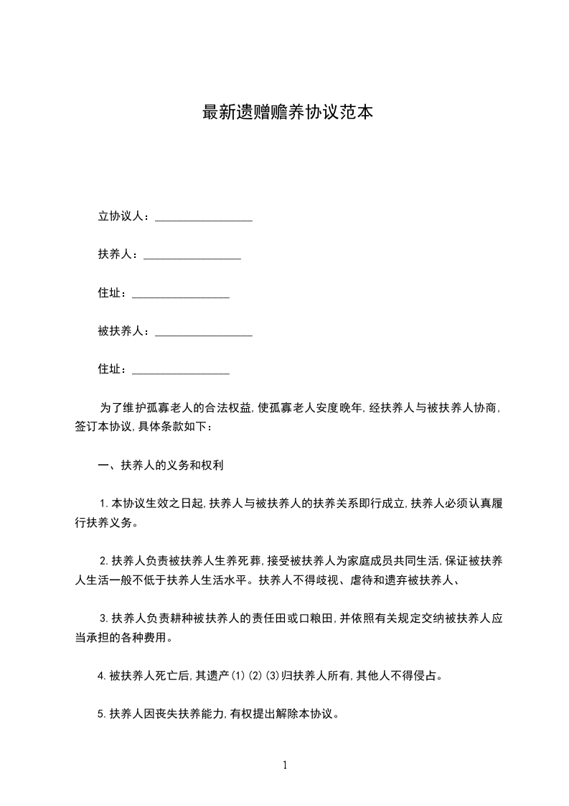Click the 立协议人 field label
[121, 216]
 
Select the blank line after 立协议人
[204, 217]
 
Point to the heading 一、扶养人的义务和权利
[161, 465]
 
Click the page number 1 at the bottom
[285, 765]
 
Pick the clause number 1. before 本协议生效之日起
[104, 504]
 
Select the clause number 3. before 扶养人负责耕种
[104, 618]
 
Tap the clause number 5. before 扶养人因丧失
[102, 714]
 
